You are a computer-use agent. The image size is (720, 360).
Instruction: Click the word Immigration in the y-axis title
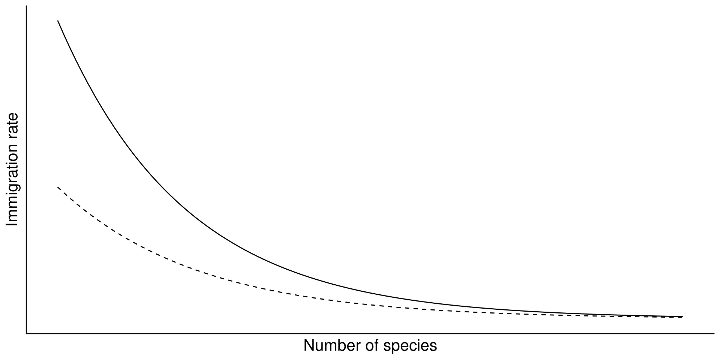point(12,185)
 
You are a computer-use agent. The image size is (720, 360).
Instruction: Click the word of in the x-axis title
point(372,346)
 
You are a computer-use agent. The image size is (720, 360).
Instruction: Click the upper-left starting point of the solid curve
point(58,21)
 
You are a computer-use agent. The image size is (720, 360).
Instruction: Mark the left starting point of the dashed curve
point(58,187)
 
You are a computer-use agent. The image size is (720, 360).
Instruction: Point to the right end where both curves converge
point(682,317)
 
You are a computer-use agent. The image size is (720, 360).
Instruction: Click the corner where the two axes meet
point(26,333)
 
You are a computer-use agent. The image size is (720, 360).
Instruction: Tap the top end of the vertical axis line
point(26,6)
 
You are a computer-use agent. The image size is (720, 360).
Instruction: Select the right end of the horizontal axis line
point(714,333)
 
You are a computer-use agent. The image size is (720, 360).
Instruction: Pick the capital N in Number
point(309,346)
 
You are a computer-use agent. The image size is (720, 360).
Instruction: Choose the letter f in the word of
point(376,346)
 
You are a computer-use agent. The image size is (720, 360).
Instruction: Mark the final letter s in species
point(433,346)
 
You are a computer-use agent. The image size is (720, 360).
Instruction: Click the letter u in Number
point(318,346)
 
